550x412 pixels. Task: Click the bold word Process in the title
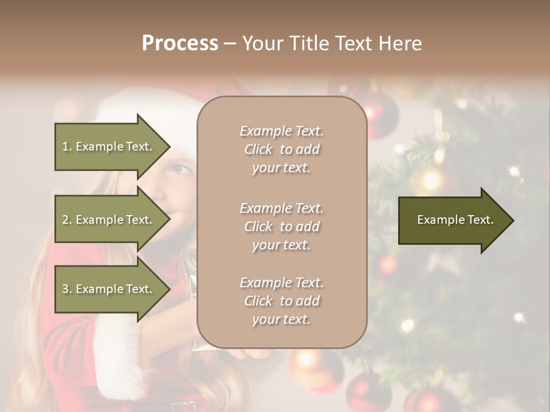click(x=180, y=43)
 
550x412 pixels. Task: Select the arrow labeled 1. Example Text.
click(x=109, y=146)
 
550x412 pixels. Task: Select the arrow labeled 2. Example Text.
click(x=109, y=220)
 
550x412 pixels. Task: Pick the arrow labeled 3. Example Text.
click(x=109, y=289)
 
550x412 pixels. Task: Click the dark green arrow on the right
click(x=453, y=220)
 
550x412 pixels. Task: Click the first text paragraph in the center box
click(x=281, y=149)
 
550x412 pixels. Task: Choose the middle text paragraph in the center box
click(x=281, y=226)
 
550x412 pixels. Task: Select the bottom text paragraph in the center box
click(x=281, y=300)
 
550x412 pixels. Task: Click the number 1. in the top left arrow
click(x=67, y=146)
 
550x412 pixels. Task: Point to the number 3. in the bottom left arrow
click(x=67, y=289)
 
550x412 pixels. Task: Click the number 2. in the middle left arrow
click(x=67, y=220)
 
